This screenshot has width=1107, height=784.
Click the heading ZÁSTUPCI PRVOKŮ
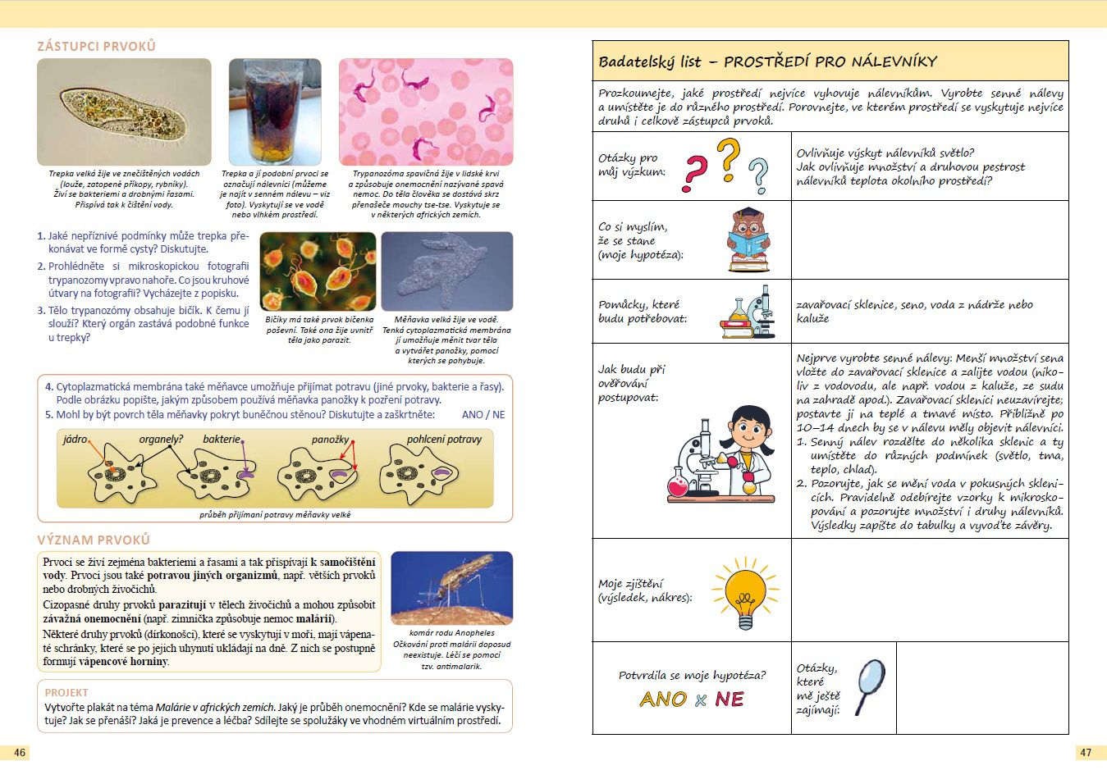click(x=96, y=47)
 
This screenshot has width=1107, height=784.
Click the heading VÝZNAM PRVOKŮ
click(x=94, y=540)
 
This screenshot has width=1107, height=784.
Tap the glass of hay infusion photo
click(x=274, y=112)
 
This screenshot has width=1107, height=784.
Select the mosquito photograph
click(x=451, y=588)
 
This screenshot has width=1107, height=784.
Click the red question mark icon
click(x=695, y=173)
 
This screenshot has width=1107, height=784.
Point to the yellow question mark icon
click(x=727, y=159)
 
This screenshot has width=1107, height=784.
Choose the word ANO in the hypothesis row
click(x=663, y=700)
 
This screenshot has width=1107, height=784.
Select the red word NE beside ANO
click(x=729, y=700)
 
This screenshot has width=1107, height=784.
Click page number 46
click(x=20, y=752)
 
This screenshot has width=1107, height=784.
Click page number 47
click(x=1086, y=752)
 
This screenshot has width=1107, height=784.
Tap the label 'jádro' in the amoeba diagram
click(x=75, y=440)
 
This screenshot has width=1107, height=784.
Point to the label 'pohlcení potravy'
click(x=444, y=440)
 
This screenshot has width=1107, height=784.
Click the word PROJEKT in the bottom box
click(x=66, y=693)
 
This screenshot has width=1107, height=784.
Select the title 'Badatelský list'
click(x=650, y=62)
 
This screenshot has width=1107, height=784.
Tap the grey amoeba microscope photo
click(x=446, y=271)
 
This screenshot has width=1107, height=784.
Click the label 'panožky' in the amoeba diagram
click(x=330, y=440)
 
